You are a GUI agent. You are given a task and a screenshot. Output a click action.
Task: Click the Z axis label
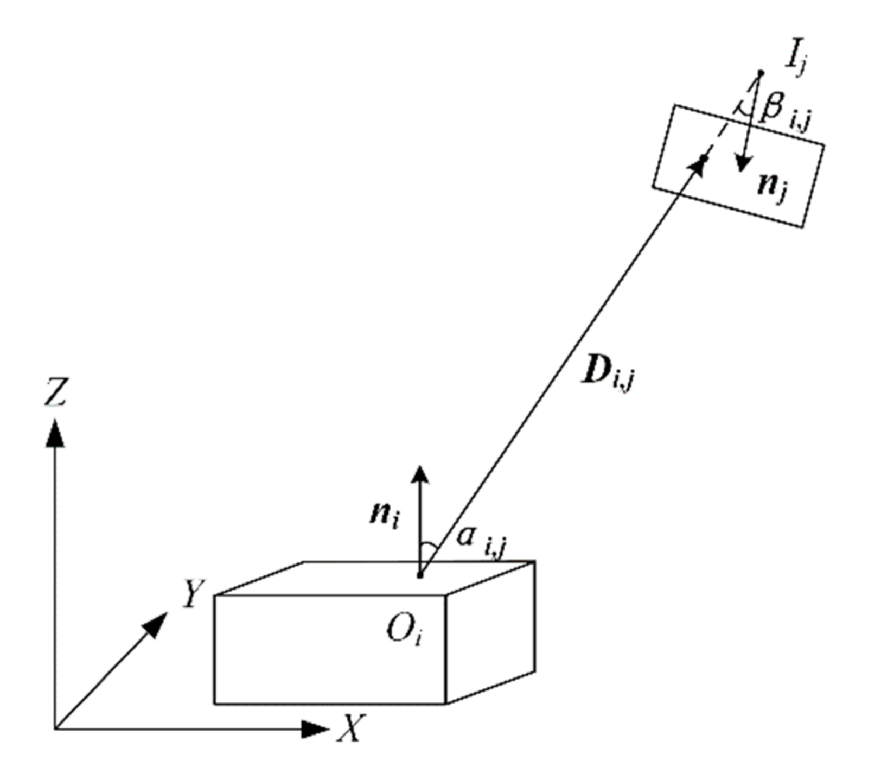pyautogui.click(x=55, y=393)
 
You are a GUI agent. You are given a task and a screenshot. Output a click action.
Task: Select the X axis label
pyautogui.click(x=350, y=728)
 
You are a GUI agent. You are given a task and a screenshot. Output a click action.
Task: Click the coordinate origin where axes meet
pyautogui.click(x=55, y=728)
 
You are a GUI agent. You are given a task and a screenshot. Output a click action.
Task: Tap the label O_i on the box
pyautogui.click(x=404, y=631)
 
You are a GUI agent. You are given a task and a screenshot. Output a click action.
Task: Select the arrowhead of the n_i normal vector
pyautogui.click(x=420, y=473)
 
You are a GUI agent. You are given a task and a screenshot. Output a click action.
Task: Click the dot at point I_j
pyautogui.click(x=761, y=73)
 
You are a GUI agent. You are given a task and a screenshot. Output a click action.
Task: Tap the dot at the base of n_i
pyautogui.click(x=419, y=575)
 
